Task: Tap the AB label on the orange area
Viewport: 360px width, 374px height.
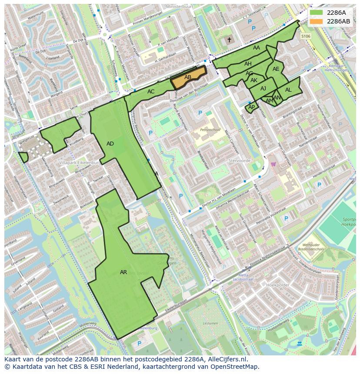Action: [188, 77]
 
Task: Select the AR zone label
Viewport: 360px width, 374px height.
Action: [123, 272]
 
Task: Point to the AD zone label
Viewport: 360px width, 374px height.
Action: [110, 144]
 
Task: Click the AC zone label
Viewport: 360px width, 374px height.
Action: [151, 92]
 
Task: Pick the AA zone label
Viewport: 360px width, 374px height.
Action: [257, 48]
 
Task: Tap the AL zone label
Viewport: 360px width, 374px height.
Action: [288, 90]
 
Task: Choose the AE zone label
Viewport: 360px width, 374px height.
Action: [276, 69]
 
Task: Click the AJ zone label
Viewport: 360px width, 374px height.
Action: [263, 89]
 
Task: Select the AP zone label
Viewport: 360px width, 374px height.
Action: [251, 107]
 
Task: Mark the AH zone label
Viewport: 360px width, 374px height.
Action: [248, 64]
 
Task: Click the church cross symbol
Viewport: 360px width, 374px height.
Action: [229, 40]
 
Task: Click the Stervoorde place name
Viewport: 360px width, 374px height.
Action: [239, 160]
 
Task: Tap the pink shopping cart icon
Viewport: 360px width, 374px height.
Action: [273, 164]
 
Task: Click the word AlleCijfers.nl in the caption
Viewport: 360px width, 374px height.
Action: [227, 359]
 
